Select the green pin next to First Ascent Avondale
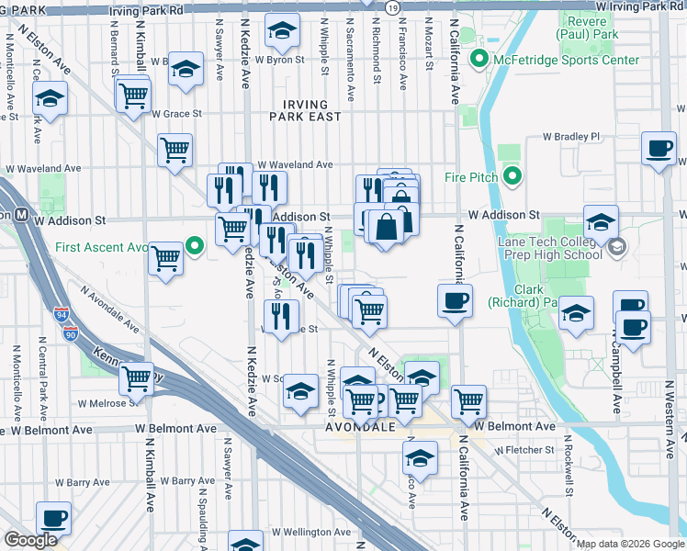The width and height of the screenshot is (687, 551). [194, 247]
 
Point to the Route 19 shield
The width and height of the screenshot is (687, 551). [392, 7]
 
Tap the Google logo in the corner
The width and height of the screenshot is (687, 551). [30, 541]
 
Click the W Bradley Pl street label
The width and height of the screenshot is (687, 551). [570, 136]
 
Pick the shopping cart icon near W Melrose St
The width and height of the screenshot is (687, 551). [137, 377]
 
